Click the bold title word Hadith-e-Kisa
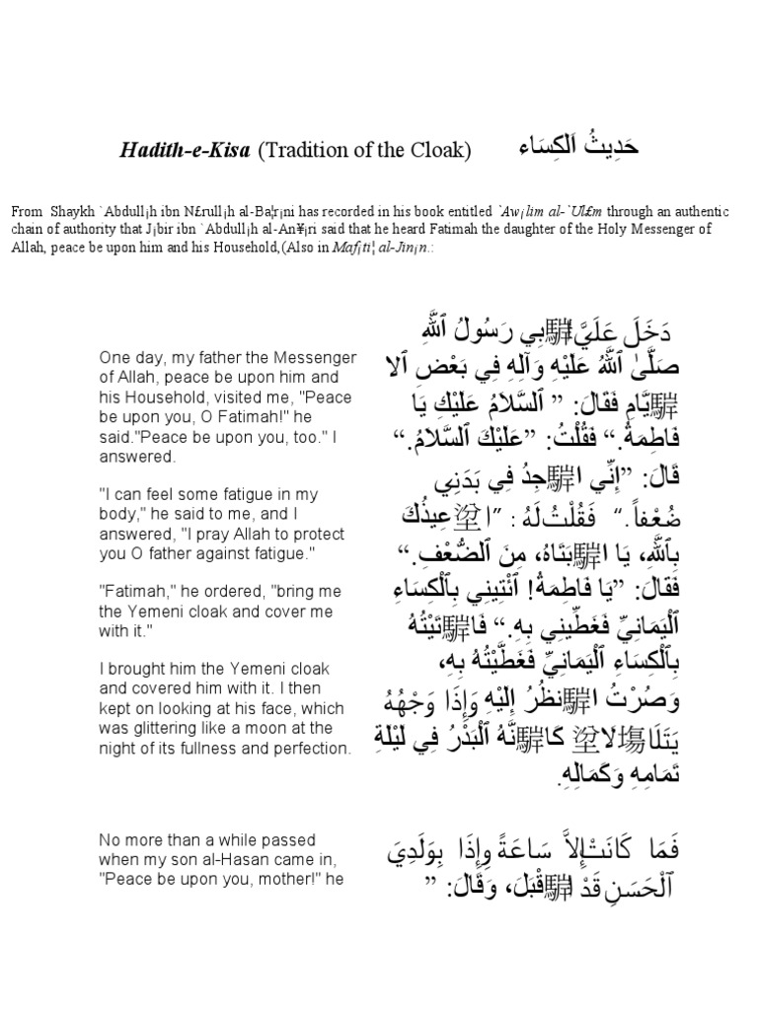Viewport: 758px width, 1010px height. tap(187, 151)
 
